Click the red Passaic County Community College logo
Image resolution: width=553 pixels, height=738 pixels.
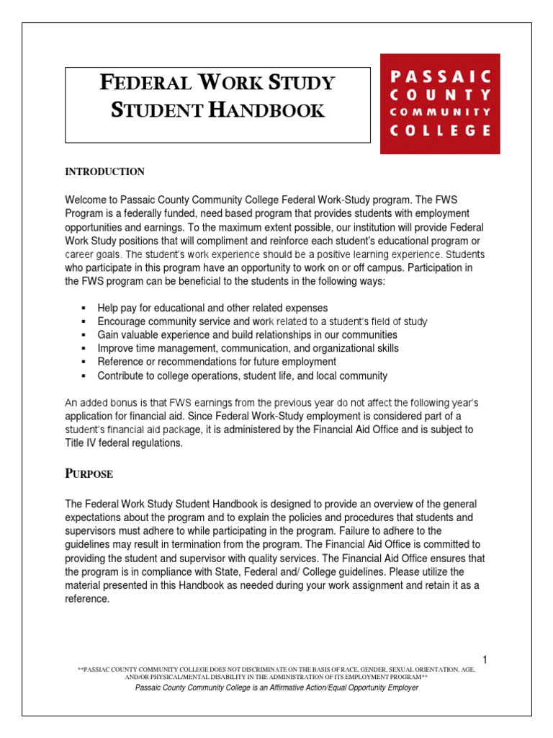pyautogui.click(x=439, y=104)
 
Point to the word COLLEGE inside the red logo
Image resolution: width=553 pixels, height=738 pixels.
pyautogui.click(x=441, y=131)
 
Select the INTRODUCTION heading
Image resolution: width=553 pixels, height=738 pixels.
pyautogui.click(x=105, y=172)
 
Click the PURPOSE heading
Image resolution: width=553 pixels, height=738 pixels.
pyautogui.click(x=89, y=475)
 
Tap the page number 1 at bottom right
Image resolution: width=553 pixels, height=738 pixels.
pyautogui.click(x=485, y=659)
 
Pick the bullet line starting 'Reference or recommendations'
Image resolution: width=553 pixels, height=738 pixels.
pyautogui.click(x=217, y=362)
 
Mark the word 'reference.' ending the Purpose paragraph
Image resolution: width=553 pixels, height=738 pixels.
pyautogui.click(x=87, y=598)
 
